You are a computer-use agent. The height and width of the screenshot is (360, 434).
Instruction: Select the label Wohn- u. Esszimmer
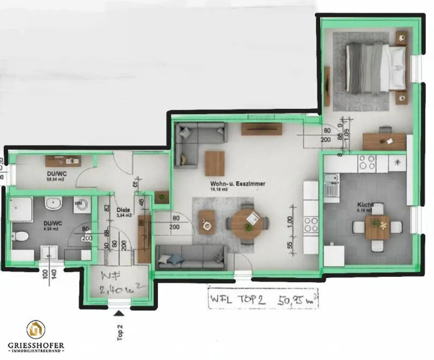(238, 184)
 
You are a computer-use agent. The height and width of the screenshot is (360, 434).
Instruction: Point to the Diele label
(123, 209)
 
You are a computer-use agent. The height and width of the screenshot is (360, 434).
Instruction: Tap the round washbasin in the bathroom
(54, 204)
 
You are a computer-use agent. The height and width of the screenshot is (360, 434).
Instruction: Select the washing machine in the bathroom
(81, 205)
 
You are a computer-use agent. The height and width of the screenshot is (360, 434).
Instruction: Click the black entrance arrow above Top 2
(119, 313)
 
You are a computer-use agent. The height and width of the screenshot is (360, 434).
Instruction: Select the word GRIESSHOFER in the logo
(36, 346)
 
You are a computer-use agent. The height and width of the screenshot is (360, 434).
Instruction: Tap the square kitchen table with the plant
(377, 227)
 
